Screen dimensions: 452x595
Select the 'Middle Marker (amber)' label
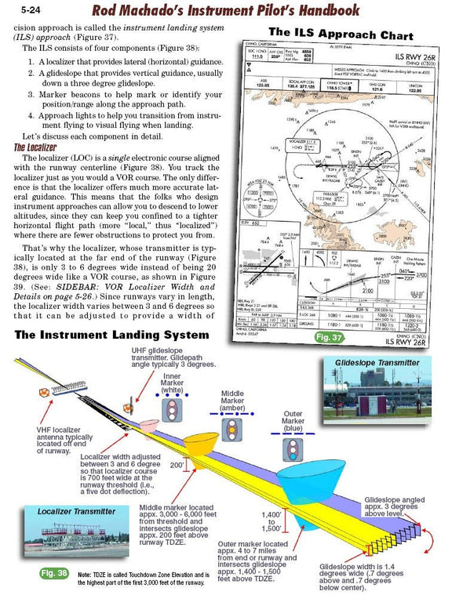point(238,398)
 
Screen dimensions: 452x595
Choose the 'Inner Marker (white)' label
point(172,383)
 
